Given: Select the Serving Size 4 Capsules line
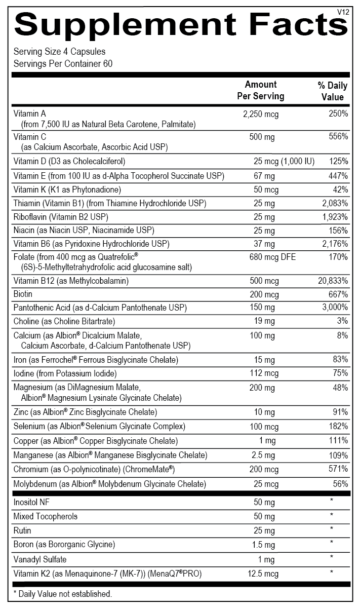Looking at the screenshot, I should coord(59,52).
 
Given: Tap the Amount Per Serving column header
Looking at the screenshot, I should coord(261,90).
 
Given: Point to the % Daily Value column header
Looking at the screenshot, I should coord(332,91).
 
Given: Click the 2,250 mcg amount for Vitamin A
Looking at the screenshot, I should coord(261,114).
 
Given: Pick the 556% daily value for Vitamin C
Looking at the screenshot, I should coord(337,137).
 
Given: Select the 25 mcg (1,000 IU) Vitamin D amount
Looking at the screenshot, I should coord(284,162).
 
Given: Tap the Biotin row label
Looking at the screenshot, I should coord(24,294).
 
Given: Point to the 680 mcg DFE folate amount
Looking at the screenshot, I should coord(272,257).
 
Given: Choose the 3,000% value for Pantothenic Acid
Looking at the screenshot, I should coord(334,308).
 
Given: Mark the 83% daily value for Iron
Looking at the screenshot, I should coord(340,360).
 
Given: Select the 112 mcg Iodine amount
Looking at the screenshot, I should coord(264,373).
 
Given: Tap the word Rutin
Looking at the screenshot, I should coord(22,530).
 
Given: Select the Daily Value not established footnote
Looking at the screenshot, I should coord(63,594).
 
